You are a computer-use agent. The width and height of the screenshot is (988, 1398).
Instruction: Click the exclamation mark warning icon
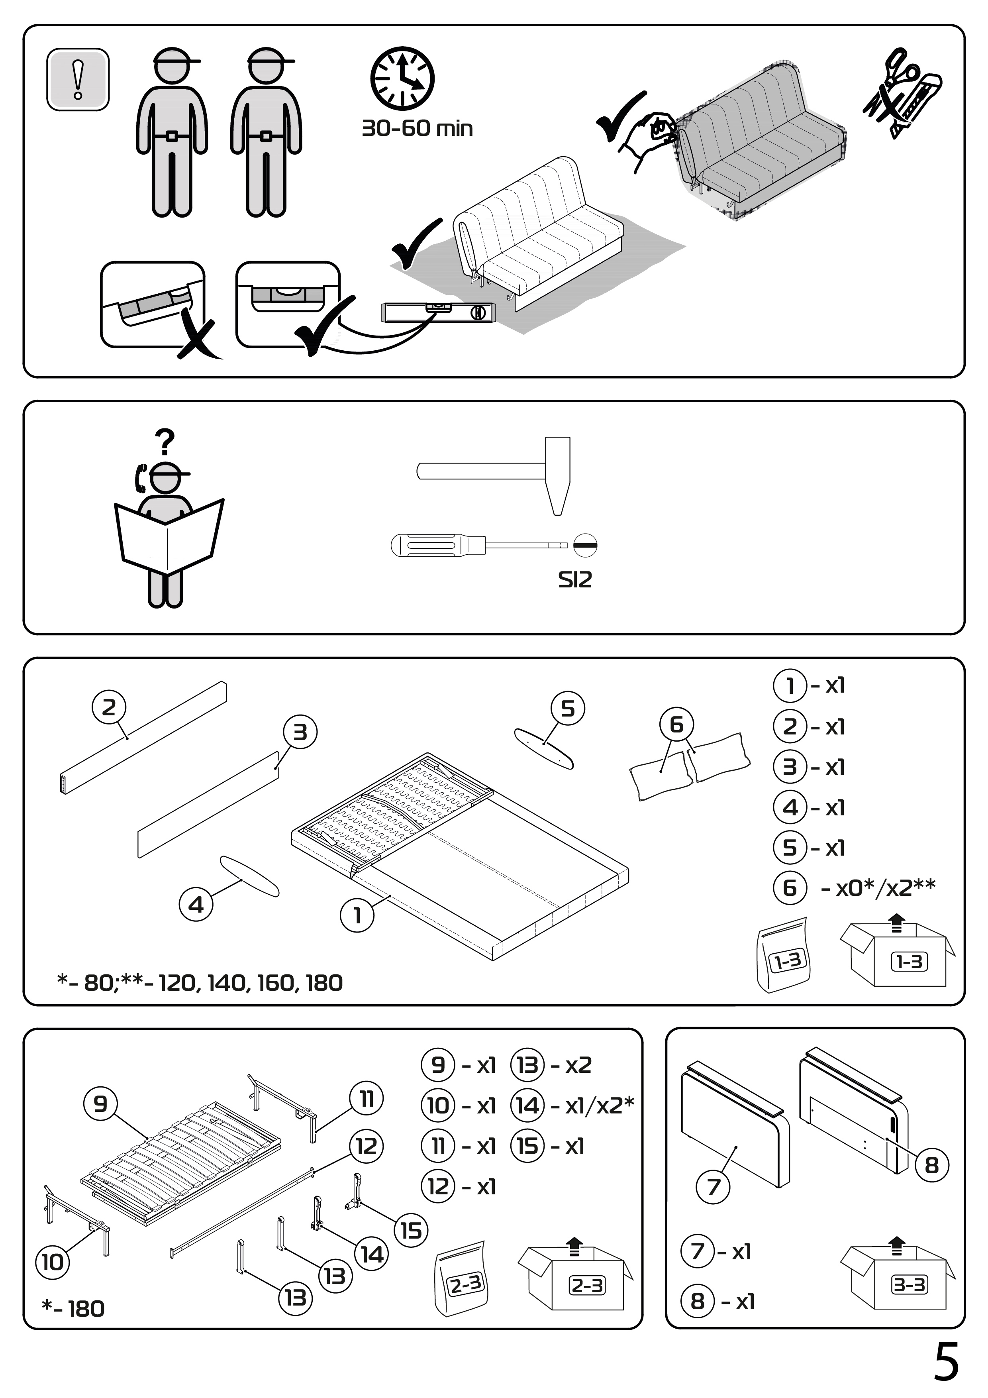(78, 79)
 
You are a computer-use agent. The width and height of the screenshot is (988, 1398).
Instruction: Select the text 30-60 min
(417, 128)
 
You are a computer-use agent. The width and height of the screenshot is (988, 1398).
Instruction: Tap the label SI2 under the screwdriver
(574, 580)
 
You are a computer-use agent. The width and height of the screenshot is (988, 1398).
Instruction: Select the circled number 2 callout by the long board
(109, 707)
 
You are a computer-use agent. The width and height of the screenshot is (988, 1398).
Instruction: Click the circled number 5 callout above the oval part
(567, 709)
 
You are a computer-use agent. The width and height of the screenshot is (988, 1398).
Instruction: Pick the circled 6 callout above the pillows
(676, 725)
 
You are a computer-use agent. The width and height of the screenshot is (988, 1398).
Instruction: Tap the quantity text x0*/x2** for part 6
(878, 888)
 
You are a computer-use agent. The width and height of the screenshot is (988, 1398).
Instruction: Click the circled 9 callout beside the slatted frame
(100, 1103)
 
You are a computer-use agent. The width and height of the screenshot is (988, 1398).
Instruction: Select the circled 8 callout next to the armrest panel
(931, 1165)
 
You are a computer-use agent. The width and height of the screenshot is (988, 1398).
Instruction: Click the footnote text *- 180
(73, 1308)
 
